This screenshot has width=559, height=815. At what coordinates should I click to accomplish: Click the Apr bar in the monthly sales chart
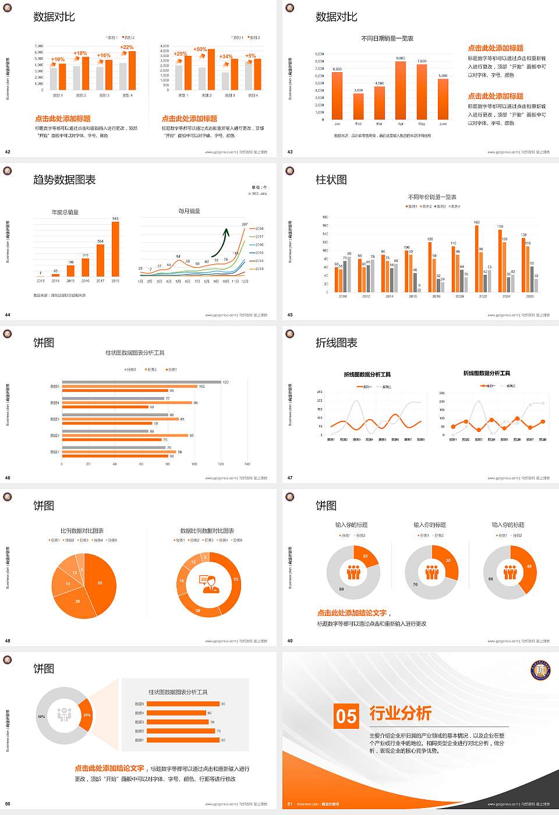[401, 90]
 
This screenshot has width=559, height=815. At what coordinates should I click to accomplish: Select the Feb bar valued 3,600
[358, 106]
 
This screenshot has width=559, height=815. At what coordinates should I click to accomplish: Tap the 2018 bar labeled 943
[115, 249]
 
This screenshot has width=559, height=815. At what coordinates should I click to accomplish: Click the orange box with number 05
[346, 716]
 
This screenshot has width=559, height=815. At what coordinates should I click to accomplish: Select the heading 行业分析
[400, 713]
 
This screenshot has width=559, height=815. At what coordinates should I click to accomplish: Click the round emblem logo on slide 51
[540, 671]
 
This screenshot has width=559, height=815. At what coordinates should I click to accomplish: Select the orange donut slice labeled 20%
[86, 715]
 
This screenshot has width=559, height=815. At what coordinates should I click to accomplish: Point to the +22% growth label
[126, 47]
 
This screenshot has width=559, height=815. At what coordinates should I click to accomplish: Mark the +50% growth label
[200, 49]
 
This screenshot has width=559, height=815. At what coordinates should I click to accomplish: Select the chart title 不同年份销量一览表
[432, 197]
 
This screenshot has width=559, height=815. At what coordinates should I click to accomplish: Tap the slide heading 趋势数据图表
[65, 180]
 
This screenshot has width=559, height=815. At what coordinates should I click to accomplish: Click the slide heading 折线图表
[337, 343]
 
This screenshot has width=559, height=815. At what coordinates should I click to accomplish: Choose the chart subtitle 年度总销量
[65, 212]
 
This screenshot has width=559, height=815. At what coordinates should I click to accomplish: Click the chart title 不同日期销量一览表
[387, 38]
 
